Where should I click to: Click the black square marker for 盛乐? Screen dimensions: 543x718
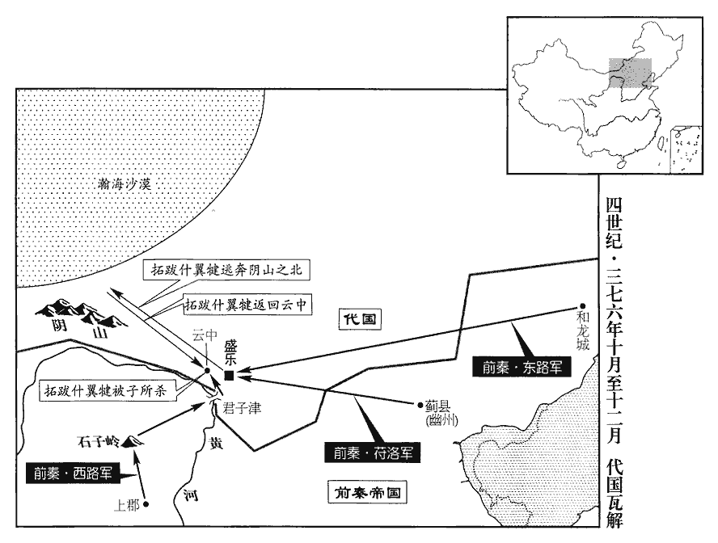(230, 376)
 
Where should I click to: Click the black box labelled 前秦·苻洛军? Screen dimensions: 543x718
(374, 452)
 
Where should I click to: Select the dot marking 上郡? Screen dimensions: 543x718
(147, 503)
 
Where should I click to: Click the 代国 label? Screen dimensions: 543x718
(357, 318)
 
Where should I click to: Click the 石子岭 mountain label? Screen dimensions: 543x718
(97, 442)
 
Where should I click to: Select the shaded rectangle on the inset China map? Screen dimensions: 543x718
(630, 72)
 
